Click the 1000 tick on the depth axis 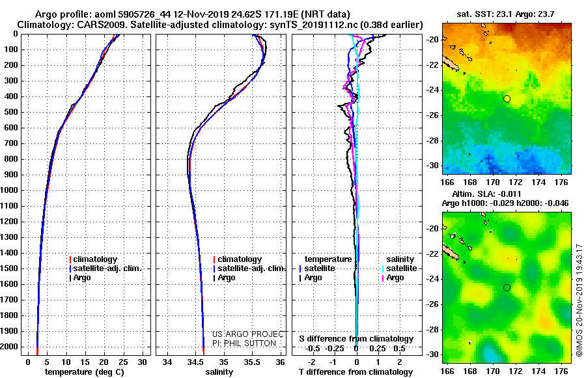pyautogui.click(x=9, y=190)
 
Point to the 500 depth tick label pyautogui.click(x=11, y=112)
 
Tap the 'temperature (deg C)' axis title pyautogui.click(x=85, y=372)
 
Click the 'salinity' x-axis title pyautogui.click(x=219, y=372)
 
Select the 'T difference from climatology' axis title pyautogui.click(x=356, y=372)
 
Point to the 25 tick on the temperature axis pyautogui.click(x=123, y=362)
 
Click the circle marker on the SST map pyautogui.click(x=507, y=99)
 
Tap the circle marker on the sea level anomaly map pyautogui.click(x=507, y=288)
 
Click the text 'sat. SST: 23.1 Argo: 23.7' pyautogui.click(x=505, y=14)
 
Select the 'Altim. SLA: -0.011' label pyautogui.click(x=486, y=194)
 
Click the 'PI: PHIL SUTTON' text pyautogui.click(x=244, y=343)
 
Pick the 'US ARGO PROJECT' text pyautogui.click(x=248, y=334)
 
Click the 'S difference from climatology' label pyautogui.click(x=356, y=339)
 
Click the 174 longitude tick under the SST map pyautogui.click(x=538, y=182)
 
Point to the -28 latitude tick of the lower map pyautogui.click(x=433, y=330)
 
